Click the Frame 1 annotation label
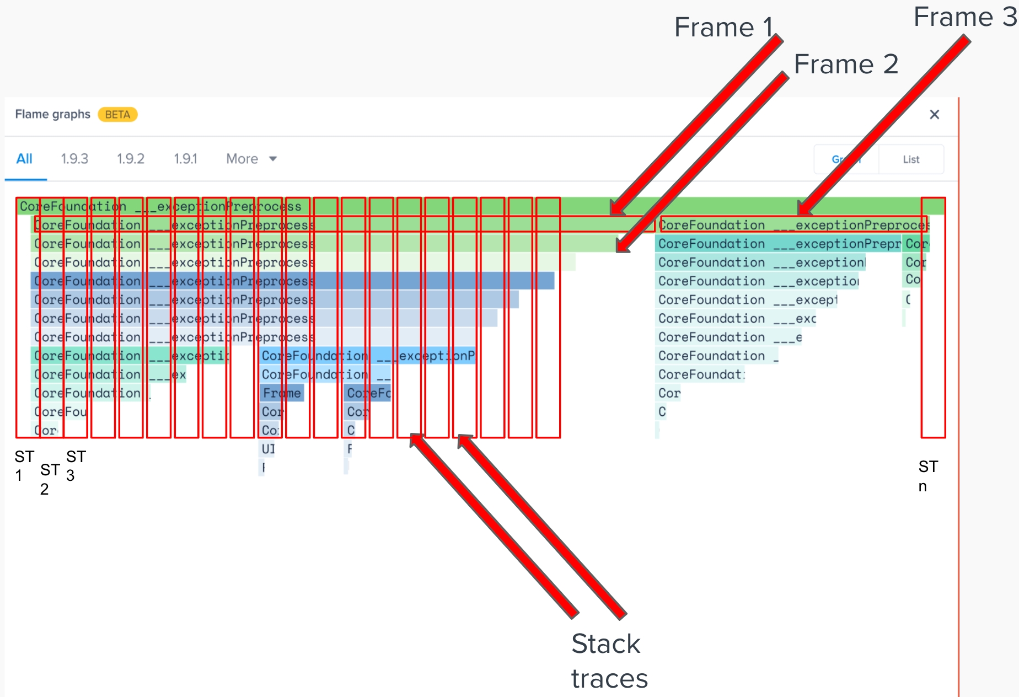[x=723, y=28]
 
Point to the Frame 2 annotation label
[x=845, y=65]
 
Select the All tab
[x=24, y=159]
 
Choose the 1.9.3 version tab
[x=74, y=159]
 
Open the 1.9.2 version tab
[x=130, y=159]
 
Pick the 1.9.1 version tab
[x=185, y=159]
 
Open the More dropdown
[x=251, y=159]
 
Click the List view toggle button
[x=911, y=159]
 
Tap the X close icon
[x=934, y=115]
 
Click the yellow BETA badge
[x=117, y=115]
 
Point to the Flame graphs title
[x=52, y=114]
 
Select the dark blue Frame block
[x=282, y=393]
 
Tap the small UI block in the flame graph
[x=268, y=449]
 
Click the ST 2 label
[x=50, y=479]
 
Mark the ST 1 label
[x=24, y=465]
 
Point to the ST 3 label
[x=76, y=465]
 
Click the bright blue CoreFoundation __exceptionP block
[x=368, y=356]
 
